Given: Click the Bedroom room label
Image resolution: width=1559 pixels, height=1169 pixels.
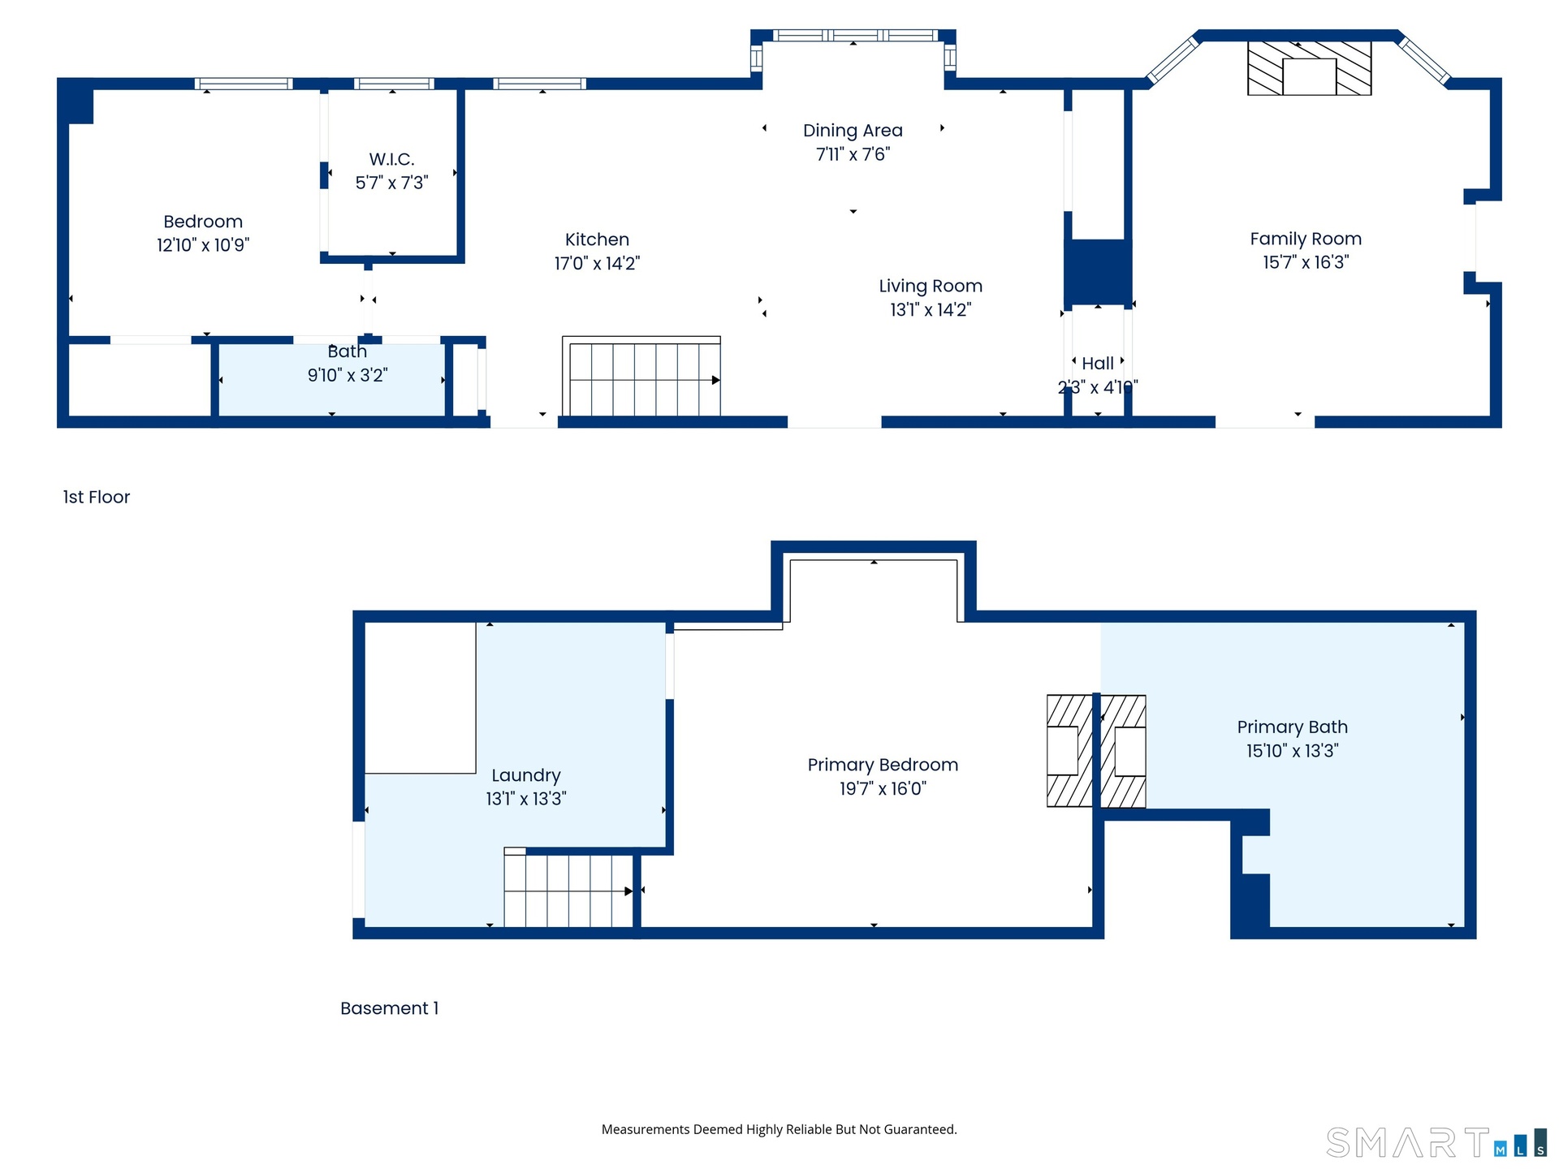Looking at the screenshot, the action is [x=203, y=222].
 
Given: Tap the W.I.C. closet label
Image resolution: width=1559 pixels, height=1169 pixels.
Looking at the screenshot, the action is [x=391, y=159].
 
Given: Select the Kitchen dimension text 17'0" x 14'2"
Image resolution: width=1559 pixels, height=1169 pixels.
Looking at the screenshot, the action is [x=597, y=263].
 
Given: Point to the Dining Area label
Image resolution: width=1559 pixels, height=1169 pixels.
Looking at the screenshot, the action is [x=853, y=131].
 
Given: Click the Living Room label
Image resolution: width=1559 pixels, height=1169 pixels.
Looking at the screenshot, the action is [x=931, y=287].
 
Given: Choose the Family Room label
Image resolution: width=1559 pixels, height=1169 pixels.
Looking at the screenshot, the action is [x=1306, y=239].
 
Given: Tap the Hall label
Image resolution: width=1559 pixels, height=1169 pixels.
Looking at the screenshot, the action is [x=1098, y=364].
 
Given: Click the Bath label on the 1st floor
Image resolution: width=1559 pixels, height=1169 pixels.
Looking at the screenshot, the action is [x=348, y=352].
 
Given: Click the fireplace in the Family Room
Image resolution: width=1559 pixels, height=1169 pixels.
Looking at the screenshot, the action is [x=1309, y=68].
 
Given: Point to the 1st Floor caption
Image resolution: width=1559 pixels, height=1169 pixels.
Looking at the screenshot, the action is [x=97, y=497].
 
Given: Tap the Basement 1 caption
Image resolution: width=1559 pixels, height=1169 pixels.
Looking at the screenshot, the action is [x=390, y=1008].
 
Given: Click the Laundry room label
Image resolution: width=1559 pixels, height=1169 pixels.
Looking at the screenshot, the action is [x=526, y=776].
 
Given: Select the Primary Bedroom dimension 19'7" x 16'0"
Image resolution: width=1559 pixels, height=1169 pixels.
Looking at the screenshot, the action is [x=883, y=788].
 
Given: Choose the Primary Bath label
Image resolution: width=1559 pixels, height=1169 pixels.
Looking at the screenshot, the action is [x=1293, y=727].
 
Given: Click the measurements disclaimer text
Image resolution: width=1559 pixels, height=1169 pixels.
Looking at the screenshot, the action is [x=779, y=1129].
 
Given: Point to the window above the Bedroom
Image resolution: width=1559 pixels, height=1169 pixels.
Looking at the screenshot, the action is [x=244, y=84].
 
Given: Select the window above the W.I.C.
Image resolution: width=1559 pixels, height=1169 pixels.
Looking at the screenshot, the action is [x=394, y=84].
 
